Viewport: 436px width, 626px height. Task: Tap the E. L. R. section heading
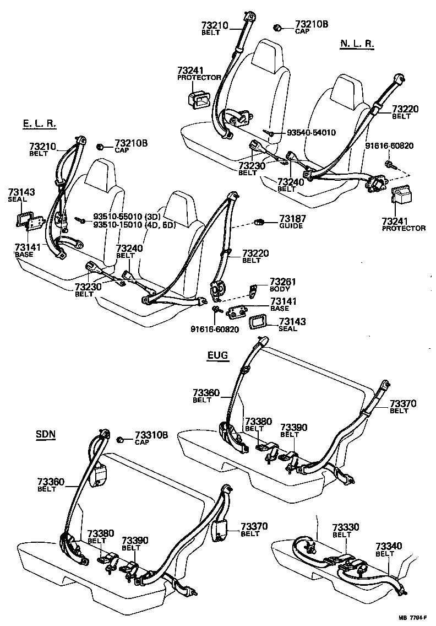click(x=40, y=125)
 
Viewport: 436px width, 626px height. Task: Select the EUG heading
click(x=217, y=356)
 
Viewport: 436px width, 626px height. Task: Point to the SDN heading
click(x=46, y=434)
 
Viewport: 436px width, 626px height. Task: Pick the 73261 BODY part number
click(x=283, y=282)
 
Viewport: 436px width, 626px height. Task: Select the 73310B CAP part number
click(x=151, y=435)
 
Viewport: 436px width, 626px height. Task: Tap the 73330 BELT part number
click(x=345, y=527)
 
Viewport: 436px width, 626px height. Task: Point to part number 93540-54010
click(x=312, y=133)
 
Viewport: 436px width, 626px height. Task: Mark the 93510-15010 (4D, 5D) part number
click(x=134, y=224)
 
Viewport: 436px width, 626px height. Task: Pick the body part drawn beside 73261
click(x=254, y=290)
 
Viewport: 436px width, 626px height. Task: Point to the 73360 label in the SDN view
click(x=51, y=482)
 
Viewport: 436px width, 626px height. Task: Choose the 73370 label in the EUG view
click(x=404, y=404)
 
